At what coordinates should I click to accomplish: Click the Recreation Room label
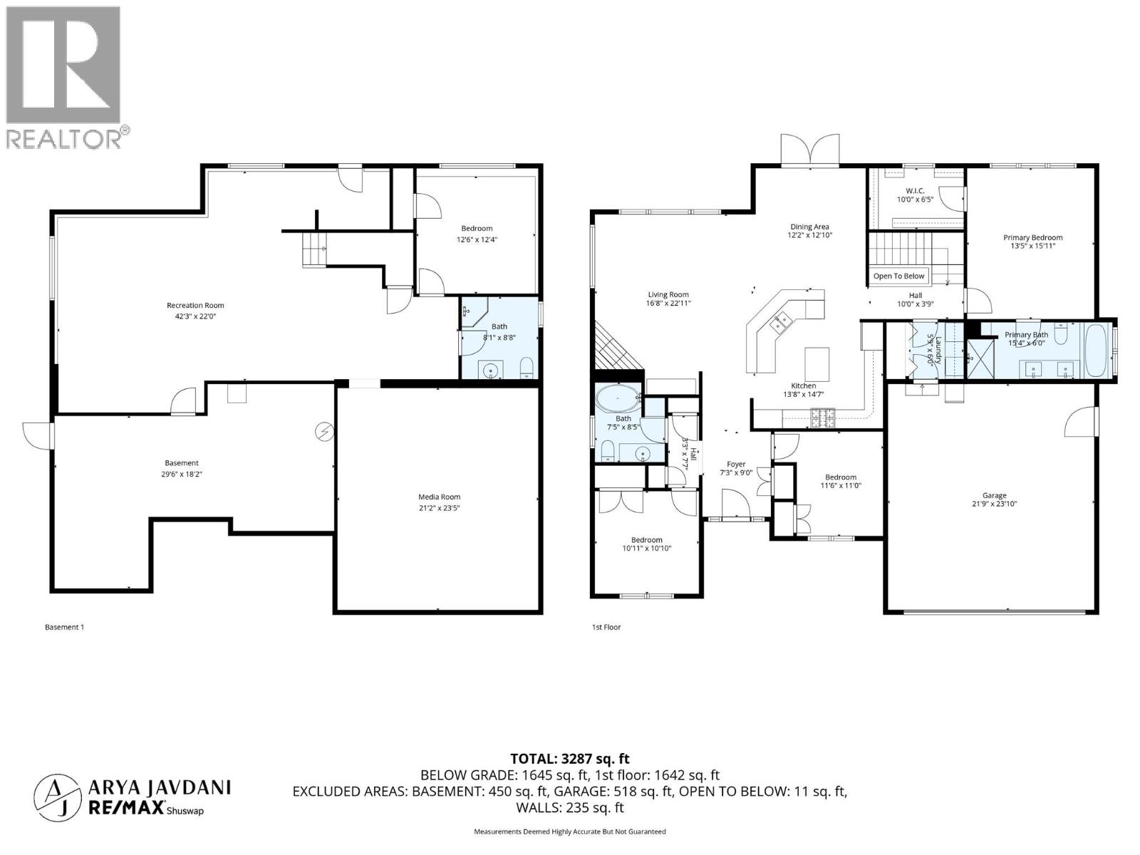[x=195, y=306]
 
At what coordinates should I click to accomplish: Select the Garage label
[x=994, y=495]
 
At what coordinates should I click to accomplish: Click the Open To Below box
[x=898, y=276]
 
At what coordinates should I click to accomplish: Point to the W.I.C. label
[x=915, y=190]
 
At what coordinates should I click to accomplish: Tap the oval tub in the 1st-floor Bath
[x=618, y=400]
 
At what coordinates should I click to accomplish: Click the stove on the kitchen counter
[x=823, y=415]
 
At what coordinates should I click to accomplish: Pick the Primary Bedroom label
[x=1032, y=238]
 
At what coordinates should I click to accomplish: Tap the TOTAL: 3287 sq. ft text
[x=569, y=759]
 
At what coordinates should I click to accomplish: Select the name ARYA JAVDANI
[x=159, y=787]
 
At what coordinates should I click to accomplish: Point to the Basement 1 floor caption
[x=64, y=627]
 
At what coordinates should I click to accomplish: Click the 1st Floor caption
[x=606, y=627]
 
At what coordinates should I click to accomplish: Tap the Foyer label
[x=736, y=464]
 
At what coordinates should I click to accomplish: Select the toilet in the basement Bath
[x=527, y=368]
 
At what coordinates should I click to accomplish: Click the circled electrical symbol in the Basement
[x=324, y=432]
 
